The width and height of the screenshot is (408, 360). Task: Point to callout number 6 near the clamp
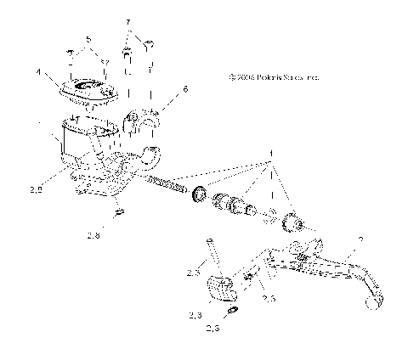pyautogui.click(x=185, y=89)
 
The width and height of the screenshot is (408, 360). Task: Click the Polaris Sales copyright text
pyautogui.click(x=274, y=76)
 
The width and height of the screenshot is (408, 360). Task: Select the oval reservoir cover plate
pyautogui.click(x=89, y=88)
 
